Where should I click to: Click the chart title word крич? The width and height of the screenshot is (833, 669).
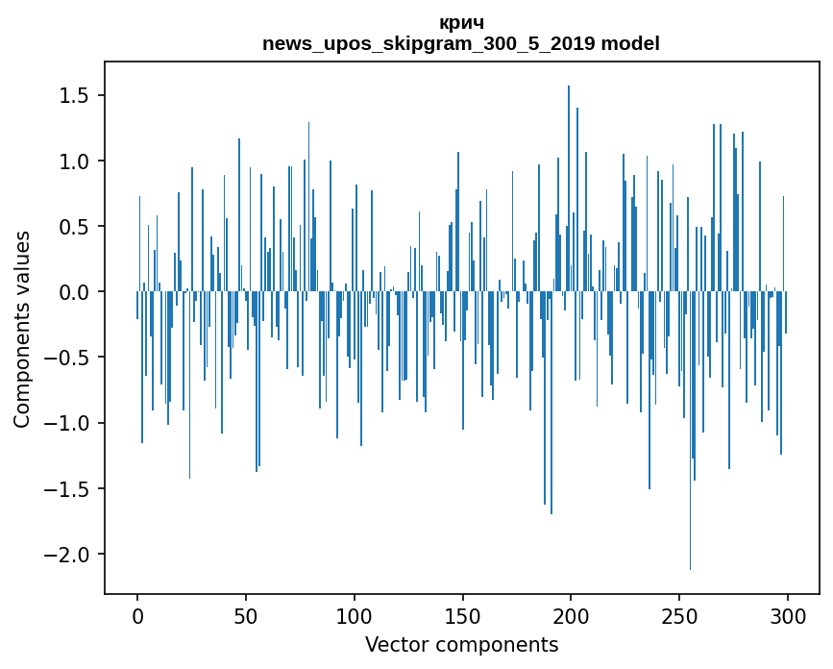pyautogui.click(x=461, y=23)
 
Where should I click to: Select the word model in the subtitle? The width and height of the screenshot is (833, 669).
pyautogui.click(x=637, y=44)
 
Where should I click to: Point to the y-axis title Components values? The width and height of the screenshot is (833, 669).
pyautogui.click(x=22, y=330)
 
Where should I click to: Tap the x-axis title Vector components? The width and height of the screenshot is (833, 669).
pyautogui.click(x=461, y=644)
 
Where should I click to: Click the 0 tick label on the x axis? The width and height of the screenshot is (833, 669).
pyautogui.click(x=137, y=615)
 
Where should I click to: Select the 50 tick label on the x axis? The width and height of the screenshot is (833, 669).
pyautogui.click(x=246, y=615)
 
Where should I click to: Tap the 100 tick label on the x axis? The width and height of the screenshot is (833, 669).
pyautogui.click(x=355, y=615)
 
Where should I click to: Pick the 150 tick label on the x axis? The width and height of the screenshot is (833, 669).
pyautogui.click(x=462, y=615)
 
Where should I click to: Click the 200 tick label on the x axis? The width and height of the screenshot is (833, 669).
pyautogui.click(x=571, y=615)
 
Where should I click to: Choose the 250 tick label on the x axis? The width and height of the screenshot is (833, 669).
pyautogui.click(x=679, y=615)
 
